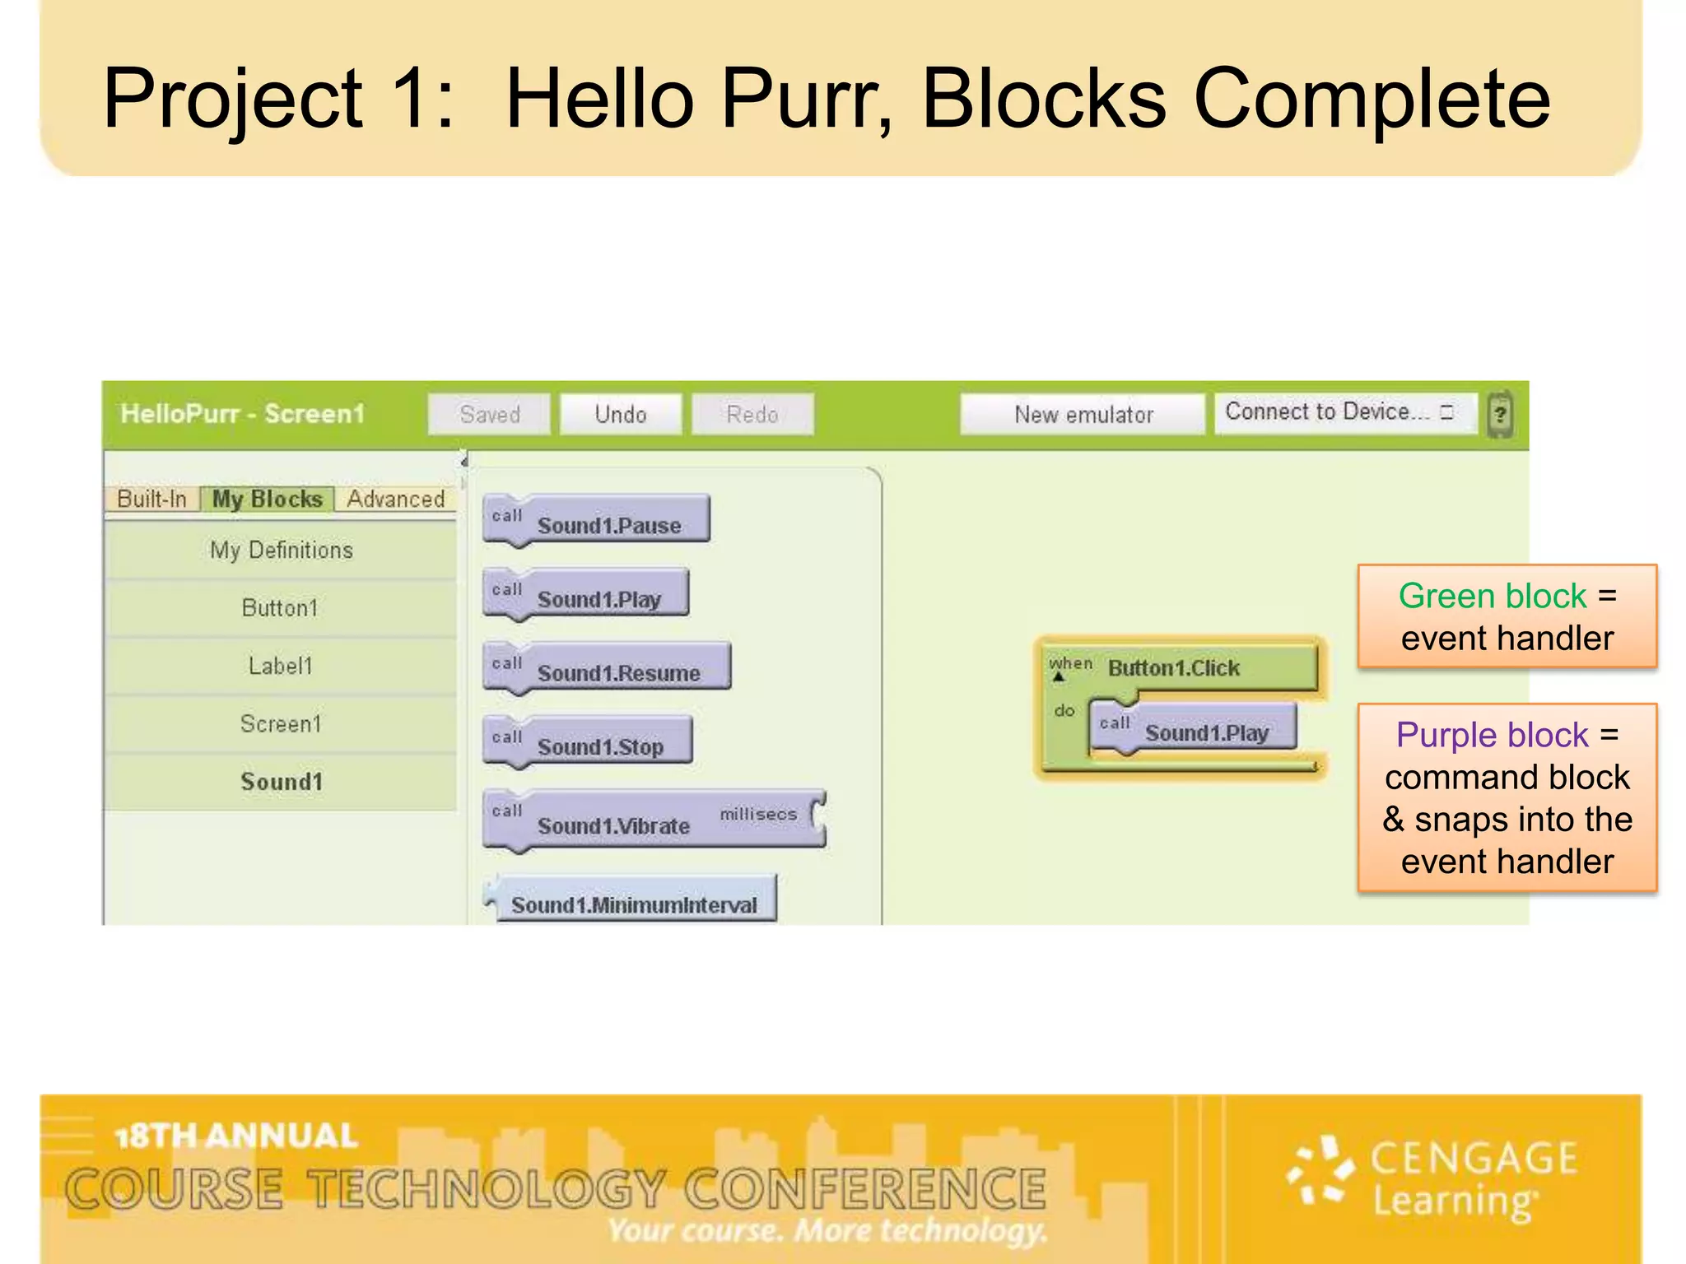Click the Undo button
click(x=621, y=414)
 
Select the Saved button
click(x=489, y=414)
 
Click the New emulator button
click(x=1083, y=414)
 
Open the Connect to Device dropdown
click(x=1344, y=412)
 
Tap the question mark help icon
click(x=1500, y=414)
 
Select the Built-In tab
click(x=152, y=499)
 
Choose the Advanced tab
click(x=395, y=499)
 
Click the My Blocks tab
click(x=267, y=499)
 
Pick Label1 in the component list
click(x=280, y=666)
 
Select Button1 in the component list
click(x=280, y=608)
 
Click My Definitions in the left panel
click(x=280, y=550)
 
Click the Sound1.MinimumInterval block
click(x=634, y=904)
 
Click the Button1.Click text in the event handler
click(x=1173, y=667)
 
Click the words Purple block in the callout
click(x=1492, y=735)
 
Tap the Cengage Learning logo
click(x=1432, y=1179)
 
